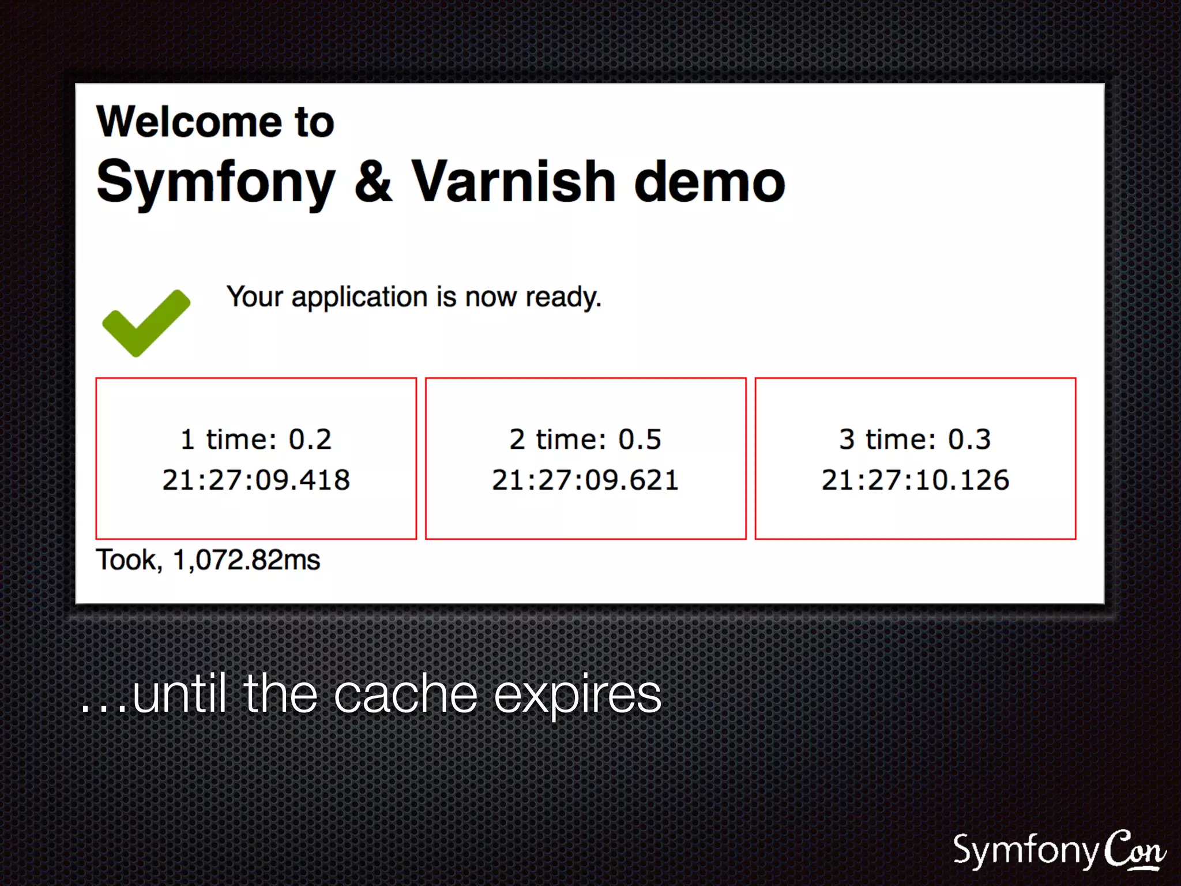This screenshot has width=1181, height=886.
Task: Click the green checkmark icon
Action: pos(145,323)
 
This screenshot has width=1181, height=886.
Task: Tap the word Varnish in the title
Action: pos(513,182)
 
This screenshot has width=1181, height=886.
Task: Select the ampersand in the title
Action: pos(373,182)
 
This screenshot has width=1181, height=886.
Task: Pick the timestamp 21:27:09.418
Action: pos(256,480)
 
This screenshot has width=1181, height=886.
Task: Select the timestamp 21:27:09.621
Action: pos(585,480)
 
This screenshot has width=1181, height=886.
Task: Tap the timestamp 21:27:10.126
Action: pos(915,480)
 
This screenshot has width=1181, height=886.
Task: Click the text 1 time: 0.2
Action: pos(256,440)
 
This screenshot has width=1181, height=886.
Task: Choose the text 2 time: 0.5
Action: pos(585,440)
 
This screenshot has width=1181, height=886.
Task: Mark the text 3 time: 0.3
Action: pos(915,440)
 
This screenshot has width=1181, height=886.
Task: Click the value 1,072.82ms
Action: pos(247,560)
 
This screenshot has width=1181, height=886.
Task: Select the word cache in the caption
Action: pos(405,694)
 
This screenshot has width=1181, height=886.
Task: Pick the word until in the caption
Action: pos(179,694)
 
